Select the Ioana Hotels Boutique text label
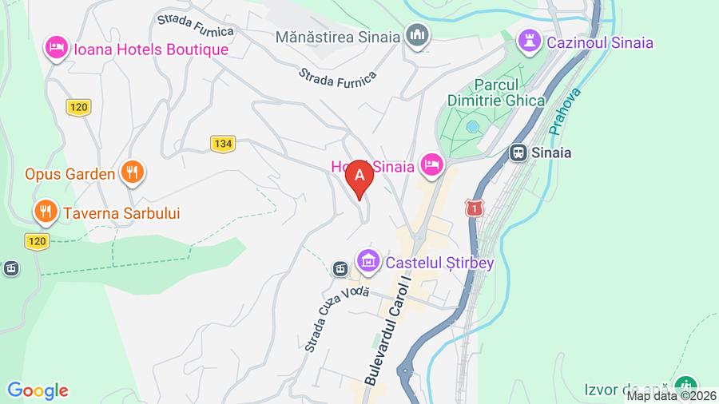(x=151, y=50)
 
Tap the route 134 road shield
(x=223, y=144)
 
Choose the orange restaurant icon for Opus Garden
(x=132, y=172)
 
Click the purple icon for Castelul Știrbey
(x=368, y=260)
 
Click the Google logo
(x=38, y=390)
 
